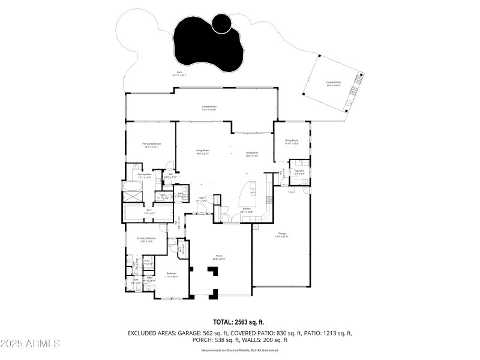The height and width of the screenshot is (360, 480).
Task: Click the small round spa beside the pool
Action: click(x=223, y=23)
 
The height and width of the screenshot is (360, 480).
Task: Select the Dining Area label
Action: click(x=252, y=153)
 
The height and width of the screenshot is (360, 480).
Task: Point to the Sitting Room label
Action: click(x=292, y=142)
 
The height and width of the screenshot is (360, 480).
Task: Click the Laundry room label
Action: click(x=299, y=171)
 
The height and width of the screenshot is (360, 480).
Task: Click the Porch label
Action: click(x=220, y=257)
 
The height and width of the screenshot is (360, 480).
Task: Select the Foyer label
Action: click(x=202, y=197)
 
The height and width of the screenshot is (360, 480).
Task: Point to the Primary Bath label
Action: click(x=145, y=175)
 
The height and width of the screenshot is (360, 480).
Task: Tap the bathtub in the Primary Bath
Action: click(x=131, y=195)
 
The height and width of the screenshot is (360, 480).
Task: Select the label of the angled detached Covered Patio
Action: click(x=333, y=83)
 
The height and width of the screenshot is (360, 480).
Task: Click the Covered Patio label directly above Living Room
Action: click(x=209, y=108)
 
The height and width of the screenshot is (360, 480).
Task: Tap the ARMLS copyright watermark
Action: click(x=30, y=344)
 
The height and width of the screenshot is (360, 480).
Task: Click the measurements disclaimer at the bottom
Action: click(x=239, y=350)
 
